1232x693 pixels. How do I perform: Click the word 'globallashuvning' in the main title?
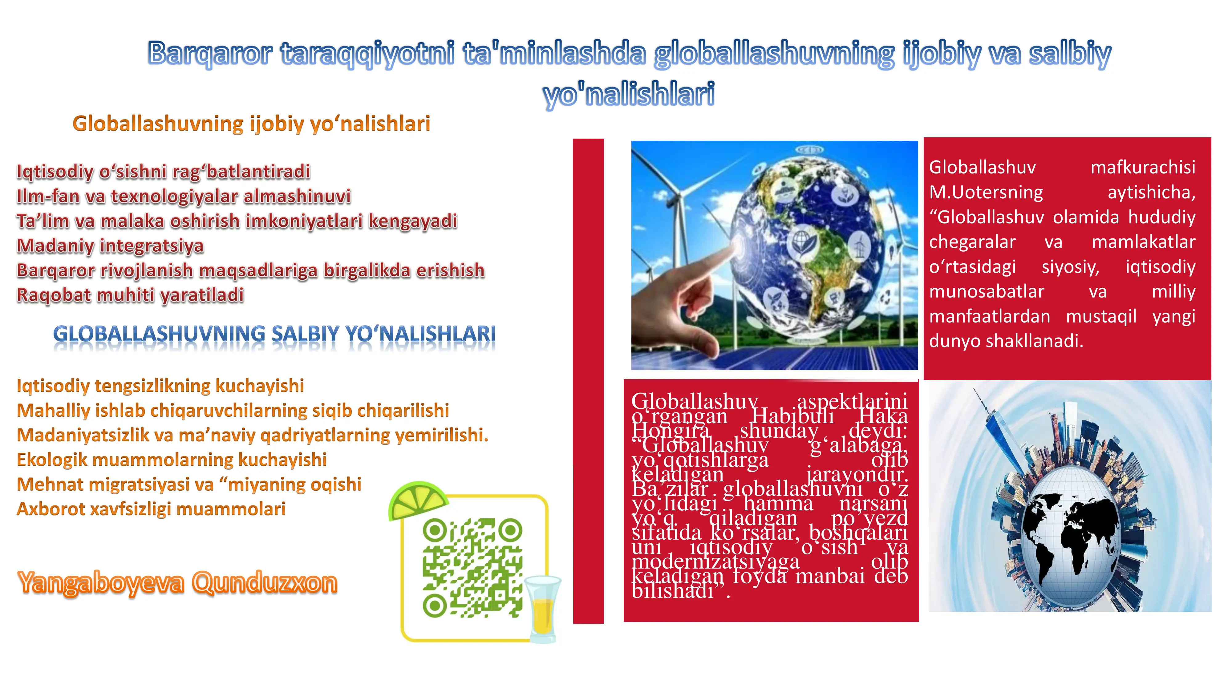pos(774,54)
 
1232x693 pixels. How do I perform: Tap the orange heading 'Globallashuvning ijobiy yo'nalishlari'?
pos(251,124)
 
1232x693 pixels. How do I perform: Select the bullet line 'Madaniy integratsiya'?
pos(110,246)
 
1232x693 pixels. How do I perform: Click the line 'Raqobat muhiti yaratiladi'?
pos(130,295)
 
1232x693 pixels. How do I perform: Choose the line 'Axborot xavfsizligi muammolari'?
pos(151,509)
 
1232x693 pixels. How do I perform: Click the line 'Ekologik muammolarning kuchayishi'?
pos(172,460)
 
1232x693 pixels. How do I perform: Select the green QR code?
pos(472,567)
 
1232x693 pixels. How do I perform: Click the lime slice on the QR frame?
pos(418,500)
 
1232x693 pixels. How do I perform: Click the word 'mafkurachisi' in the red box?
pos(1143,167)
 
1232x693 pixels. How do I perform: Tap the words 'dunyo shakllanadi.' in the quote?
pos(1006,341)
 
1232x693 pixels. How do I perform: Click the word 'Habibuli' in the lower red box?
pos(792,416)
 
